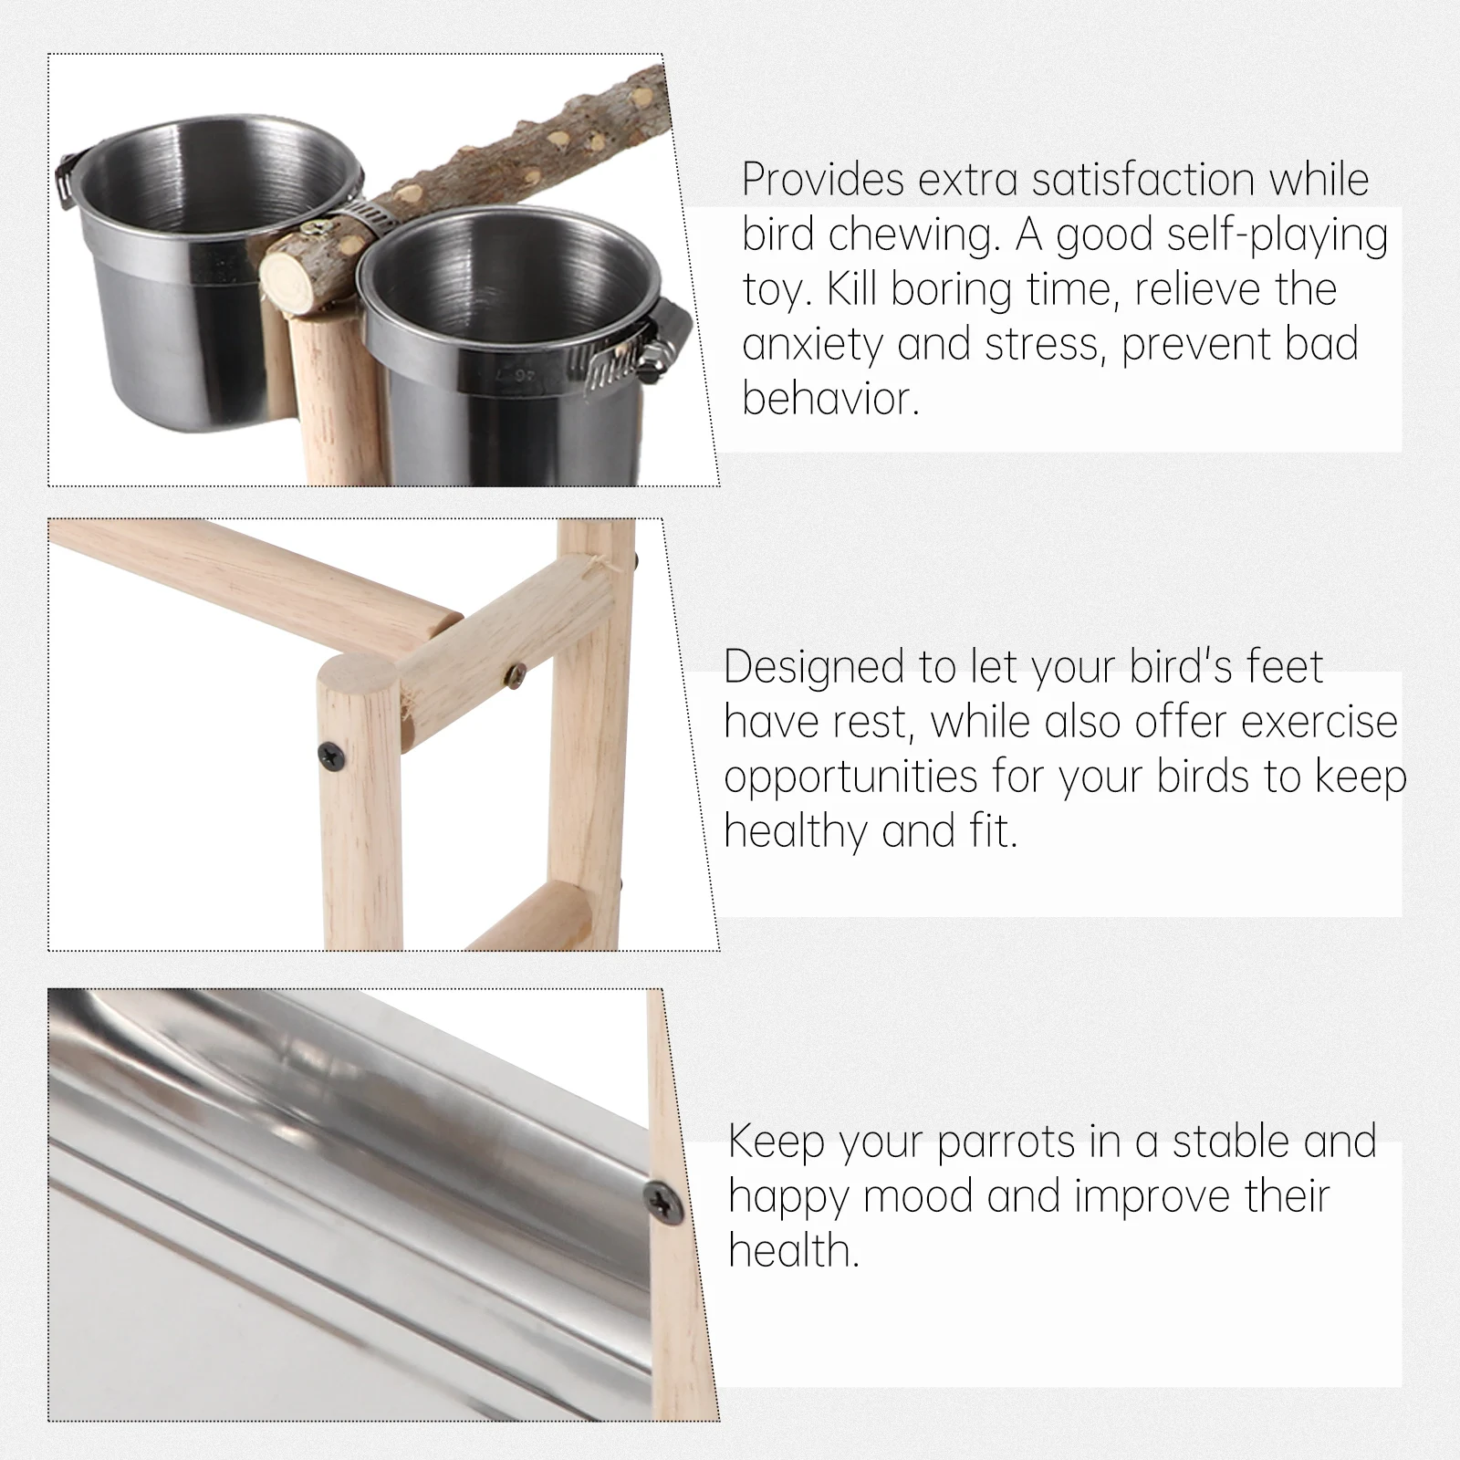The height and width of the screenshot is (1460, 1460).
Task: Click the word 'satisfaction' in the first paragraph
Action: [x=1143, y=180]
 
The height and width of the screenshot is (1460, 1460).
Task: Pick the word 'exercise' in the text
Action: [x=1319, y=722]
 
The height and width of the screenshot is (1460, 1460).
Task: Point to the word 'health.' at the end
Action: [x=794, y=1251]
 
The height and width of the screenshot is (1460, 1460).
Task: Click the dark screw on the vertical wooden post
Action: [x=329, y=753]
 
